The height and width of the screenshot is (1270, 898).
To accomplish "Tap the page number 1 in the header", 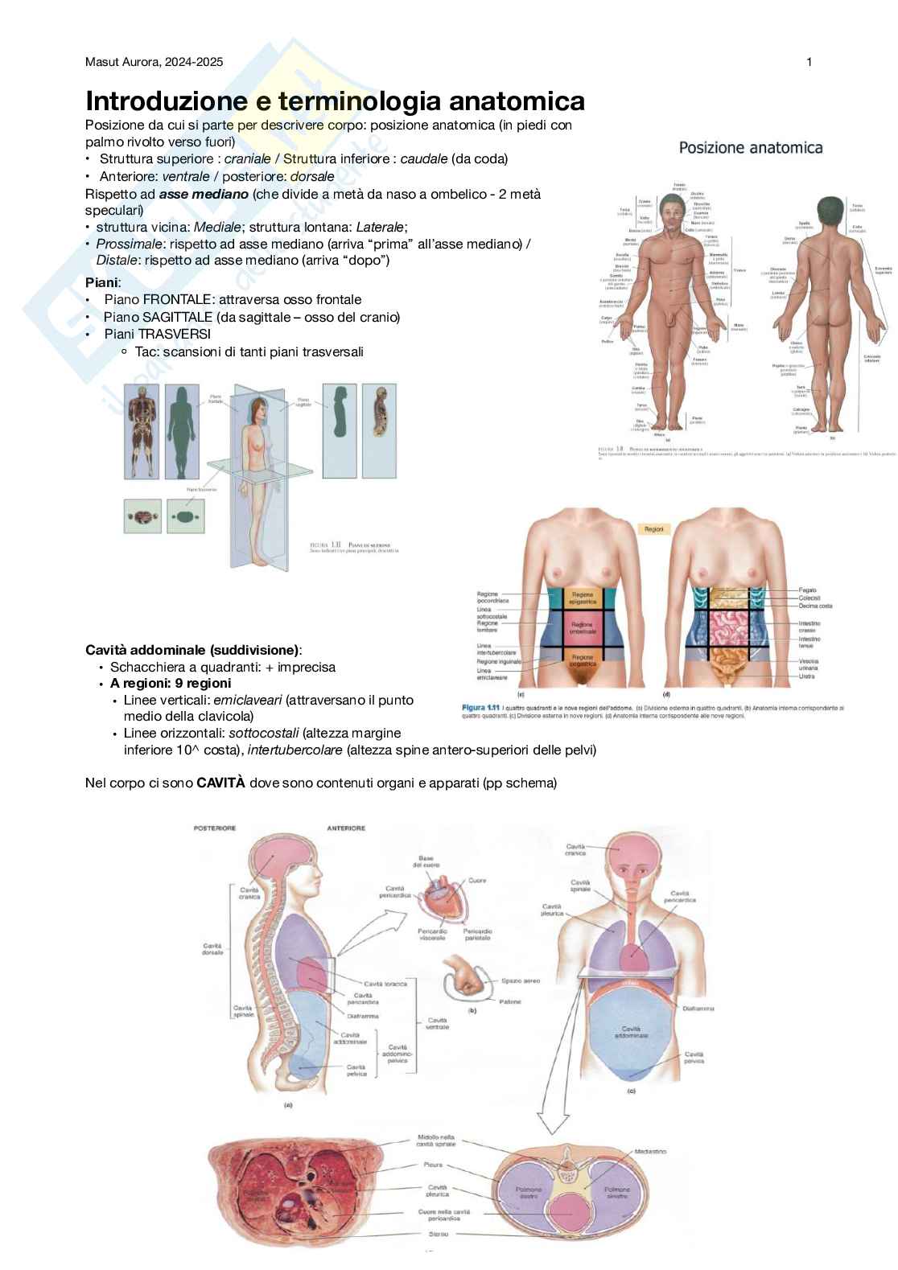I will point(809,62).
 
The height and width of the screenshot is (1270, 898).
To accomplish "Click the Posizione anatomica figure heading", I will point(751,148).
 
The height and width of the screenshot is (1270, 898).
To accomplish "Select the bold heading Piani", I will point(102,282).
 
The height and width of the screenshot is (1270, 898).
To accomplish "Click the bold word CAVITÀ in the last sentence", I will point(221,783).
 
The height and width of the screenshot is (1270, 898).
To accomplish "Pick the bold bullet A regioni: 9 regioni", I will point(171,684).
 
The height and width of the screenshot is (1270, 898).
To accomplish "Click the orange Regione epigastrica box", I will point(582,598).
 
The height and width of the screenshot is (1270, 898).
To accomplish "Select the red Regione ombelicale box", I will point(582,627).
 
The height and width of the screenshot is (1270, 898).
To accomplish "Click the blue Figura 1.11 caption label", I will point(481,708).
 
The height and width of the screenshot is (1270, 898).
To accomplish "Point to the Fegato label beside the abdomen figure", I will point(807,590).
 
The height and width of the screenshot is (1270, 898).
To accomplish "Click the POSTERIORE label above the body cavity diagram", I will point(215,828).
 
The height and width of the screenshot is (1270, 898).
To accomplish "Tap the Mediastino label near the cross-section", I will point(650,1152).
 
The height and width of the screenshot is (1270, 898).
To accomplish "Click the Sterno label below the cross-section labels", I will point(439,1234).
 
